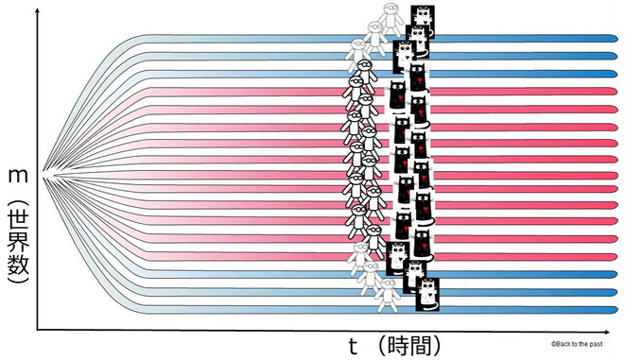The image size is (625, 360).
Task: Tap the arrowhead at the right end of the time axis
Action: coord(616,329)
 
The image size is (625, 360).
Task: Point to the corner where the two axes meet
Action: coord(38,329)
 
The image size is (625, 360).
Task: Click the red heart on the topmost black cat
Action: coord(399,98)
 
